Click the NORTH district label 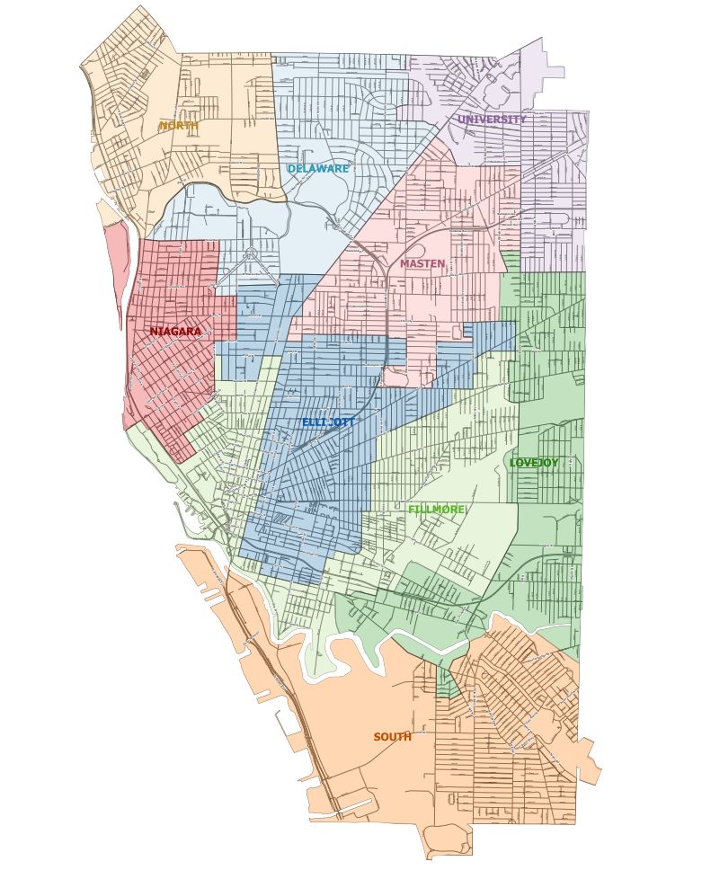click(179, 126)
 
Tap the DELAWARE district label click(318, 168)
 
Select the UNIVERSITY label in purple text click(492, 120)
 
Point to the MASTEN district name click(422, 263)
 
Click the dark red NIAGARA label click(175, 332)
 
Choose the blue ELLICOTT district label click(328, 422)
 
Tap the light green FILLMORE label click(436, 510)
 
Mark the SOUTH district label click(392, 737)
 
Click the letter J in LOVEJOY click(539, 463)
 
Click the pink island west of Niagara click(116, 270)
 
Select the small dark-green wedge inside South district click(447, 683)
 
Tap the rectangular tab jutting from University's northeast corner click(555, 72)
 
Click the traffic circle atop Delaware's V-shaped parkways click(250, 253)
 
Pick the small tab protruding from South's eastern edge click(590, 759)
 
